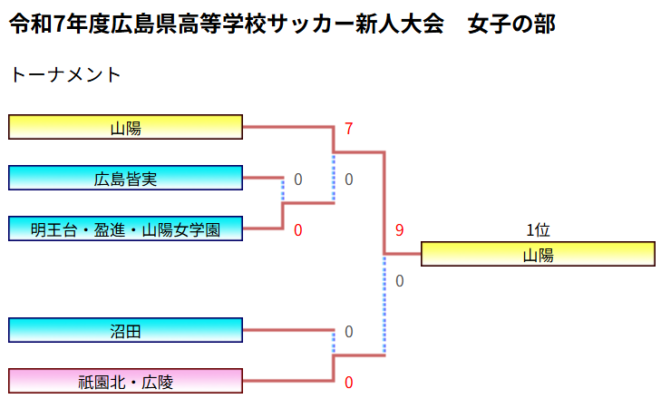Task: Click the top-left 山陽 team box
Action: (x=125, y=128)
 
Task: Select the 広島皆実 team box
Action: (x=125, y=179)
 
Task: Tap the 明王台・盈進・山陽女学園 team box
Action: (x=125, y=229)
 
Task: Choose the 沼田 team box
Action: (x=125, y=331)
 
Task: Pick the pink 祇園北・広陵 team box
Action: (x=125, y=382)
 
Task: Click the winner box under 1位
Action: (x=538, y=255)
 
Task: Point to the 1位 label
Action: (x=538, y=230)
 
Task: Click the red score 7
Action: (x=348, y=129)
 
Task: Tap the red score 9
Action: (x=399, y=230)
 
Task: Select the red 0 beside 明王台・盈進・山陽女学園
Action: (x=297, y=230)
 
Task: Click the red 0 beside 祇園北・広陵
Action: (x=348, y=383)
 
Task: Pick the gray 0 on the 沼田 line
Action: (x=348, y=332)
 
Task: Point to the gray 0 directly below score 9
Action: (x=399, y=281)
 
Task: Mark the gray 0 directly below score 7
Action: (x=348, y=180)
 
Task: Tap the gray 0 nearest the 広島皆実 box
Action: (x=297, y=180)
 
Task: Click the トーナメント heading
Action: (x=64, y=74)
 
